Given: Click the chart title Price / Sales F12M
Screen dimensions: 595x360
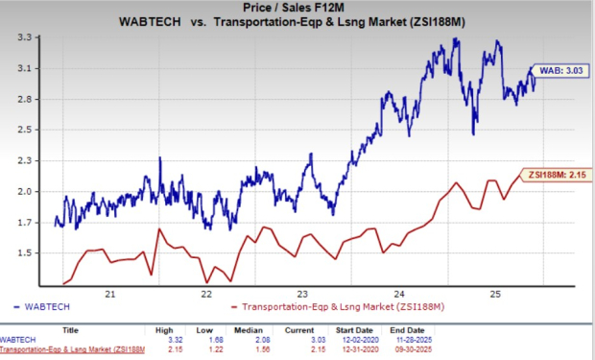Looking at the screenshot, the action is pos(294,8).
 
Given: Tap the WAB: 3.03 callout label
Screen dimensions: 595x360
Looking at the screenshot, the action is pos(560,71).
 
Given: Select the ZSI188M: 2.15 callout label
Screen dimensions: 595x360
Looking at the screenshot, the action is pos(557,175).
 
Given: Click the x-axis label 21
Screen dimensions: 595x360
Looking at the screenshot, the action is pos(110,295).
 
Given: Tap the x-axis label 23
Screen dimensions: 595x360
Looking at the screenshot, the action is pos(302,295).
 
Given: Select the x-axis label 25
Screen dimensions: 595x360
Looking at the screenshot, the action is pos(495,295).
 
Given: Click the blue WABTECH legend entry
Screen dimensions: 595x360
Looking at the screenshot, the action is pos(41,307).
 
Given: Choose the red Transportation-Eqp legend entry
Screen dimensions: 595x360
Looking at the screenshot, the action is pos(338,307).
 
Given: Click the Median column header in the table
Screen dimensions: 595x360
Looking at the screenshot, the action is pos(249,330).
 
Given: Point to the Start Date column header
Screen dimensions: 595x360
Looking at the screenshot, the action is pos(354,330).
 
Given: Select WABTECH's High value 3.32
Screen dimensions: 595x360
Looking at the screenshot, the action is pos(176,340).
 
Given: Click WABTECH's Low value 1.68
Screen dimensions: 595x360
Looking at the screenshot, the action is pos(216,340).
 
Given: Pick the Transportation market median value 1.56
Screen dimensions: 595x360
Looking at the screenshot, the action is pos(262,349).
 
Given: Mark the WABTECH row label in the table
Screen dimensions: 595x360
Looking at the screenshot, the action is pos(17,340).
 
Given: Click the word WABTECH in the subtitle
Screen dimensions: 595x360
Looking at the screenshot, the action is pos(150,22).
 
